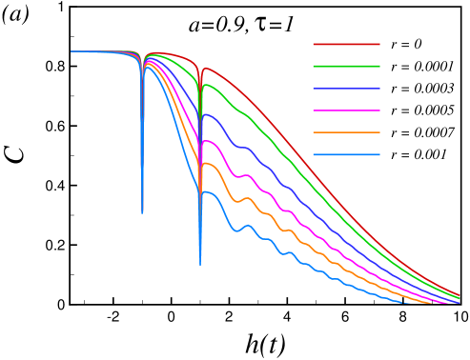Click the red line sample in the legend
[346, 44]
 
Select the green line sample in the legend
[346, 66]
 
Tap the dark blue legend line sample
[346, 89]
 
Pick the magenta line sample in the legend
[346, 110]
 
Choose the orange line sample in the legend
[346, 132]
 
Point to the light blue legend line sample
[346, 154]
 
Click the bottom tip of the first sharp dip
[142, 213]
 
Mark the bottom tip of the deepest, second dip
[200, 265]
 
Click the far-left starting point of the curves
[72, 51]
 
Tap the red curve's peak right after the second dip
[204, 69]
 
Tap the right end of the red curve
[460, 294]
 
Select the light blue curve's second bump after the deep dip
[248, 226]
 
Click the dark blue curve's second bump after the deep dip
[247, 148]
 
